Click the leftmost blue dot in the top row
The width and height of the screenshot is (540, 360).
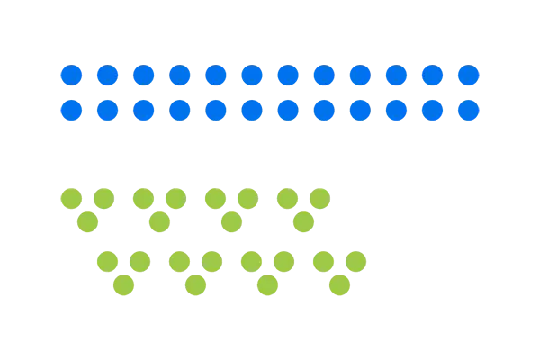70,75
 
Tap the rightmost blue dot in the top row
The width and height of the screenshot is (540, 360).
468,75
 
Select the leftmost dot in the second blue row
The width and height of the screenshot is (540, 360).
70,111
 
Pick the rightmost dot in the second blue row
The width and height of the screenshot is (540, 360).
468,111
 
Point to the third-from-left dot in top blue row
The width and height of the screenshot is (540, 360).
142,75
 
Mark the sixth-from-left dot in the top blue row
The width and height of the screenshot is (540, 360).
251,75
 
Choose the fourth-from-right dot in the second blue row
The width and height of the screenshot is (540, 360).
360,111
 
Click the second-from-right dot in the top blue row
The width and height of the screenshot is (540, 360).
432,75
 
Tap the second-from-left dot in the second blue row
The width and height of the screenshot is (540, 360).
106,111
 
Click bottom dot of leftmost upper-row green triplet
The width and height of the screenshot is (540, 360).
87,220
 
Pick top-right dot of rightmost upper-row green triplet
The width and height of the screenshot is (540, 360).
320,196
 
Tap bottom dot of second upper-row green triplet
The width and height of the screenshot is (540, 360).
159,220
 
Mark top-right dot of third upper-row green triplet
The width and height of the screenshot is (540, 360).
248,196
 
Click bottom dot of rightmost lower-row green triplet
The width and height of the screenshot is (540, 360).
339,285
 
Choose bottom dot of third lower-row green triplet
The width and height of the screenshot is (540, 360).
266,285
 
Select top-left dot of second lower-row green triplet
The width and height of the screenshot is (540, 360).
179,261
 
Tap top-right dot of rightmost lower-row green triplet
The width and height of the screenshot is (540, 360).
356,261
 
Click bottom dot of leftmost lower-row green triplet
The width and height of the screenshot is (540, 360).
124,285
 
